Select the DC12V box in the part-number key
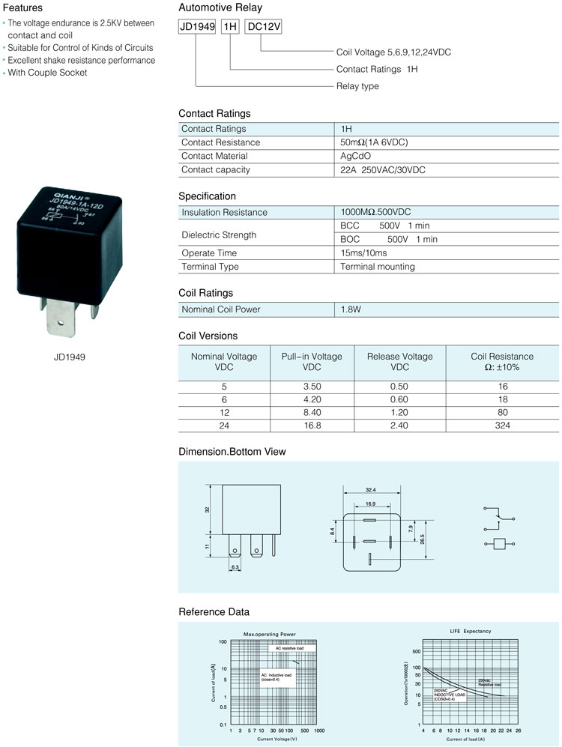pyautogui.click(x=264, y=27)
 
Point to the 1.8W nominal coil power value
pyautogui.click(x=351, y=309)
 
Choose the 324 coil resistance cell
pyautogui.click(x=502, y=426)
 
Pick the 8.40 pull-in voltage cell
pyautogui.click(x=312, y=412)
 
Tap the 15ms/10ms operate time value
pyautogui.click(x=364, y=253)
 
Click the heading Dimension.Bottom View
pyautogui.click(x=232, y=452)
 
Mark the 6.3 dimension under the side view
pyautogui.click(x=235, y=567)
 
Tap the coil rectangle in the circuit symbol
pyautogui.click(x=499, y=544)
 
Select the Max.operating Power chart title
pyautogui.click(x=270, y=634)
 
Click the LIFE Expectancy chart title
pyautogui.click(x=471, y=631)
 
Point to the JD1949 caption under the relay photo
pyautogui.click(x=70, y=357)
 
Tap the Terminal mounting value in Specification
pyautogui.click(x=377, y=267)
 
